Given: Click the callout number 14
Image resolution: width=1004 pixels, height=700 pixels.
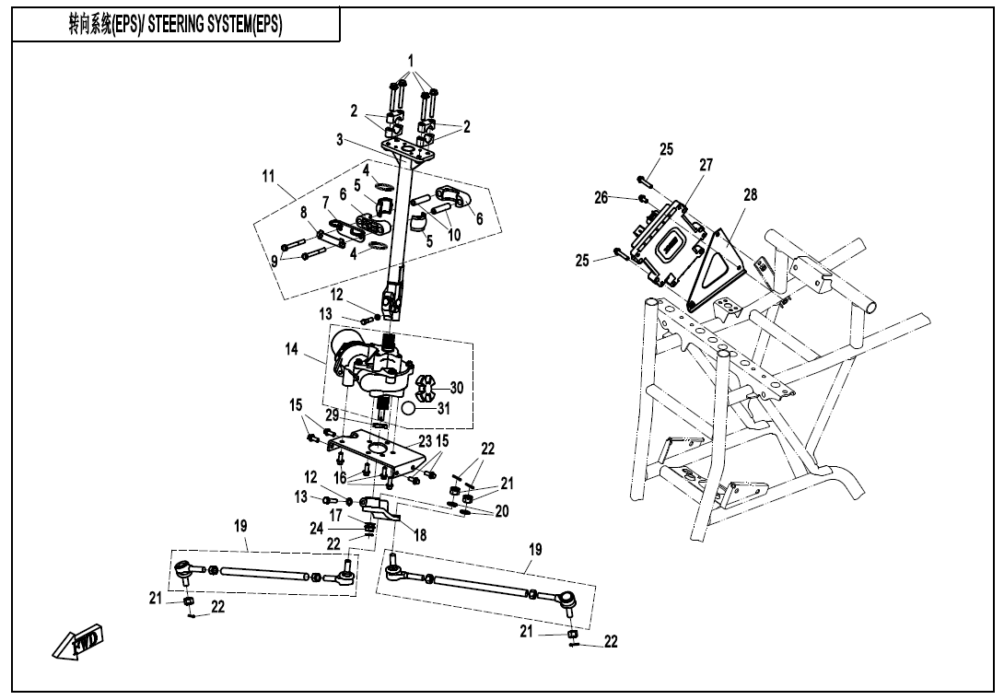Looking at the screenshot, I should pyautogui.click(x=292, y=350).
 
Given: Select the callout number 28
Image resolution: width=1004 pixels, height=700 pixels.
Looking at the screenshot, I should pyautogui.click(x=751, y=194).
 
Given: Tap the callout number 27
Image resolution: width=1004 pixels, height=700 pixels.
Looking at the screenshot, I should pyautogui.click(x=706, y=165).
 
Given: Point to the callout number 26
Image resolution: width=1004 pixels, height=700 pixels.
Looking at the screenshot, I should pyautogui.click(x=601, y=197).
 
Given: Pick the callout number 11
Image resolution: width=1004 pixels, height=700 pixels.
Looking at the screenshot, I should pyautogui.click(x=269, y=174).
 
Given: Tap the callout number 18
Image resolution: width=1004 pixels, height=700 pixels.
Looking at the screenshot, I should pyautogui.click(x=421, y=534).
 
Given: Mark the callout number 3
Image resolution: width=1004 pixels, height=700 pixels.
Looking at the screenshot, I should pyautogui.click(x=340, y=140).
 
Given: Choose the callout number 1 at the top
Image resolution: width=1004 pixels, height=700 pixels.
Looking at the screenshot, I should pyautogui.click(x=411, y=61).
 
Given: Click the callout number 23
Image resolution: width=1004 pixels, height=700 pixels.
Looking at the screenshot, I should pyautogui.click(x=425, y=441).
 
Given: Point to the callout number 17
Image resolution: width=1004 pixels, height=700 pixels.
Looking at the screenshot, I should pyautogui.click(x=336, y=515).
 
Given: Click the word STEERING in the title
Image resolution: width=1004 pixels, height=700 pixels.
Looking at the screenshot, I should pyautogui.click(x=185, y=26).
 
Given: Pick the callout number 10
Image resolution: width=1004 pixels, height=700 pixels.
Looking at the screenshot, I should pyautogui.click(x=454, y=235).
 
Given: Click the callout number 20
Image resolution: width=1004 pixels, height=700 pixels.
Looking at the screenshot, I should pyautogui.click(x=502, y=511).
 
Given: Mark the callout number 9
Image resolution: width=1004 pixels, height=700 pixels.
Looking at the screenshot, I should pyautogui.click(x=274, y=261).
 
